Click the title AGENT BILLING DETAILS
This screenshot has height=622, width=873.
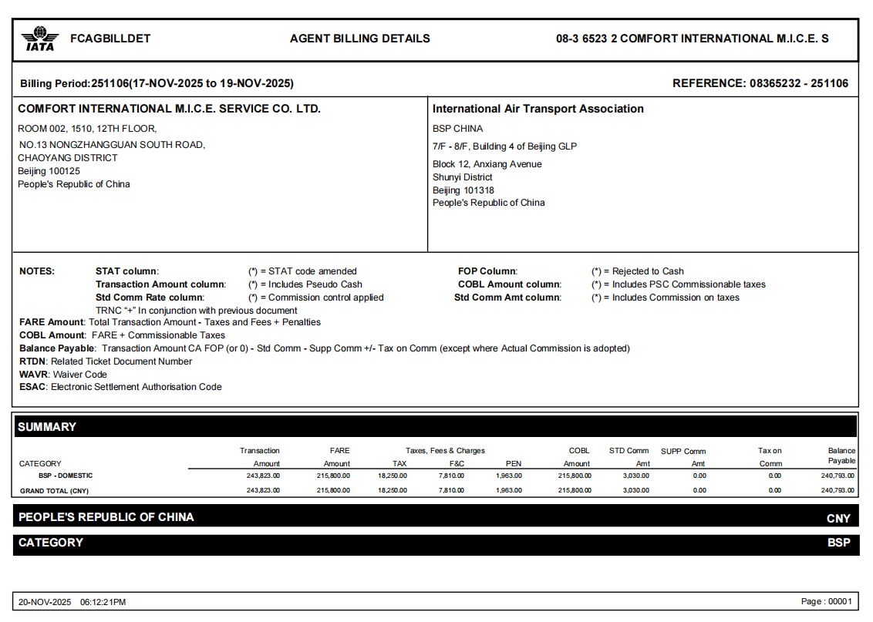(x=360, y=39)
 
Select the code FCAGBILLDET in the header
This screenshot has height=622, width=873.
(x=110, y=39)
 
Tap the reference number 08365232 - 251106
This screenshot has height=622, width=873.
(x=799, y=83)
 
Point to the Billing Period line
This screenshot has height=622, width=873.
(x=157, y=83)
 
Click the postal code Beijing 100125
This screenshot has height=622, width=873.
(x=49, y=171)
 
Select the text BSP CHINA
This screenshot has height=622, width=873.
(x=458, y=129)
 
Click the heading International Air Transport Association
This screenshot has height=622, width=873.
(x=538, y=109)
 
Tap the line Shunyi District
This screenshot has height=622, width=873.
(x=463, y=177)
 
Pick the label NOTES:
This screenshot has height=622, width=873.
(x=37, y=271)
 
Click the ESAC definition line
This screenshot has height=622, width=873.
(x=120, y=387)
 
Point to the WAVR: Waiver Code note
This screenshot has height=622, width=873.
(x=63, y=375)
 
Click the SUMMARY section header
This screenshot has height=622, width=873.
(x=47, y=427)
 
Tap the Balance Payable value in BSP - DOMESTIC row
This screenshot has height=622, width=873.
(x=838, y=476)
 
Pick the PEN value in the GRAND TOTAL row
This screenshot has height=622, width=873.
(x=508, y=490)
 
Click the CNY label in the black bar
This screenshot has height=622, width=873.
(x=838, y=519)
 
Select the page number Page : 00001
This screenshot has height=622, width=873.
(x=827, y=602)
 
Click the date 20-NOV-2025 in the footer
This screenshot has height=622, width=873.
(x=45, y=602)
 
